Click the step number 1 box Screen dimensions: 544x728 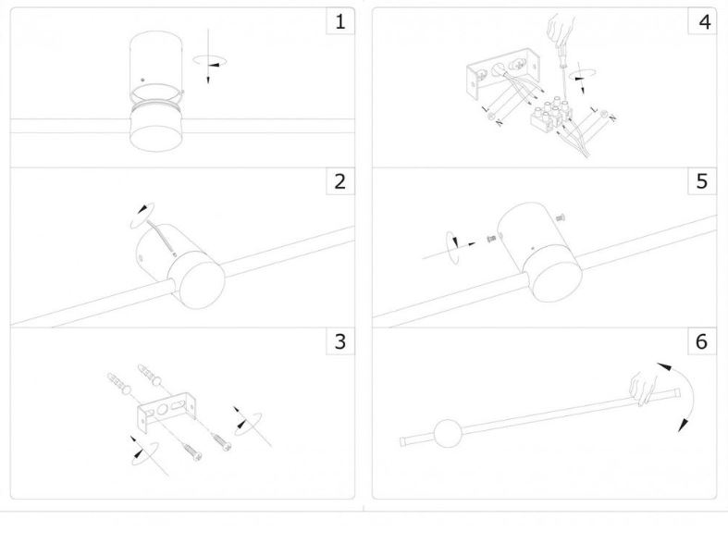point(339,22)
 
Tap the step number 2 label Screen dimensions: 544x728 point(339,181)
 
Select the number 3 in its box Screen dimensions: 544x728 point(339,341)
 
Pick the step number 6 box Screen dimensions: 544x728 point(701,341)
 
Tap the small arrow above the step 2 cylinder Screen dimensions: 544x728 point(142,211)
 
